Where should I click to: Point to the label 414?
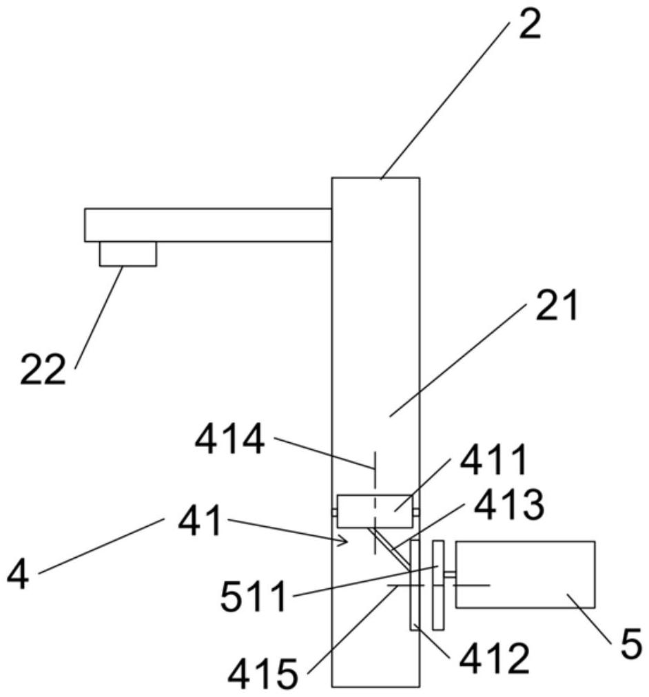[x=229, y=440]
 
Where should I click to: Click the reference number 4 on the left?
[x=18, y=573]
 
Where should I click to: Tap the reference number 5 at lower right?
[x=629, y=645]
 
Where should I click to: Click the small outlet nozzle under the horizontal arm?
[x=127, y=253]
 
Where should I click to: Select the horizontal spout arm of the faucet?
[x=207, y=225]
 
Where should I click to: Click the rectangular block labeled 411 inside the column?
[x=374, y=512]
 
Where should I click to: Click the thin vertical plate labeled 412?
[x=415, y=585]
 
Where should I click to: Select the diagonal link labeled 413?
[x=389, y=548]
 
